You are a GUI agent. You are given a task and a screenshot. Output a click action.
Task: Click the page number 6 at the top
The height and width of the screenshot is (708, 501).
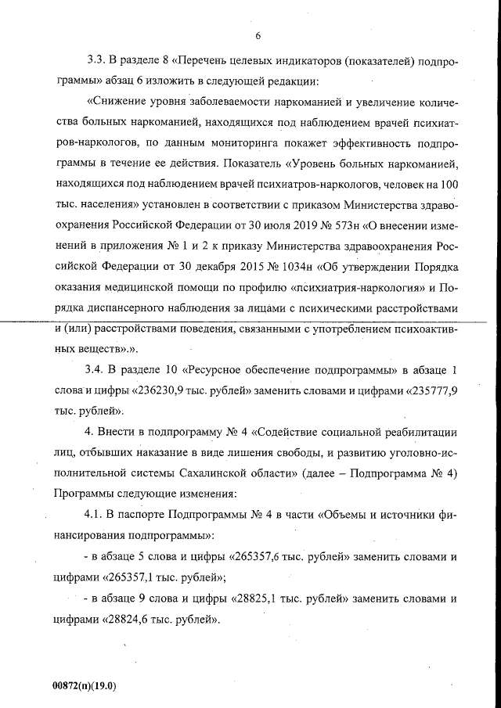point(257,35)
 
